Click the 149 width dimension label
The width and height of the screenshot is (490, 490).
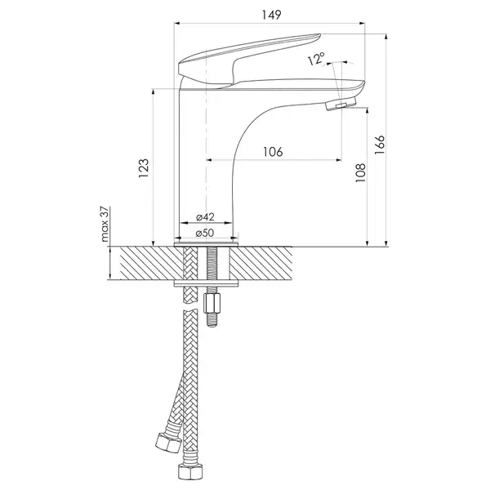(272, 15)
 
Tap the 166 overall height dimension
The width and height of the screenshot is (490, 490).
(380, 145)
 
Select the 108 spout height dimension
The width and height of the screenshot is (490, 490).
(360, 172)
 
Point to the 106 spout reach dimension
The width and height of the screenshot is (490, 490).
(273, 152)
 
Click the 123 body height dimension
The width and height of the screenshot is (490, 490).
(144, 168)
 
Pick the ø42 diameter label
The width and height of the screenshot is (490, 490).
(205, 216)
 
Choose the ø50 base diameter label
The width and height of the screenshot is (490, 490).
(205, 233)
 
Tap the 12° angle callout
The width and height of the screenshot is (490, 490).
(316, 59)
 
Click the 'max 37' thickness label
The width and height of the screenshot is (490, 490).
(105, 224)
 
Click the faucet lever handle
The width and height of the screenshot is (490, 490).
(247, 60)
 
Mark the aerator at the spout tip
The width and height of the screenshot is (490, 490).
(341, 104)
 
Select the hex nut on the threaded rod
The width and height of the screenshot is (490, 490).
(212, 303)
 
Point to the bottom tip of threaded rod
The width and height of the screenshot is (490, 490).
(212, 327)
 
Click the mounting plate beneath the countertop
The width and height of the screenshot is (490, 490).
(207, 283)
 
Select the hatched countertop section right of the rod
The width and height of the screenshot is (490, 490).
(261, 263)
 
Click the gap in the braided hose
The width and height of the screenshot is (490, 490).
(190, 306)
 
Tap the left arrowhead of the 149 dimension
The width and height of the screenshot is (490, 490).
(176, 23)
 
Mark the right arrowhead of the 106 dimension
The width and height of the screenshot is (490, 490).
(339, 160)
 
